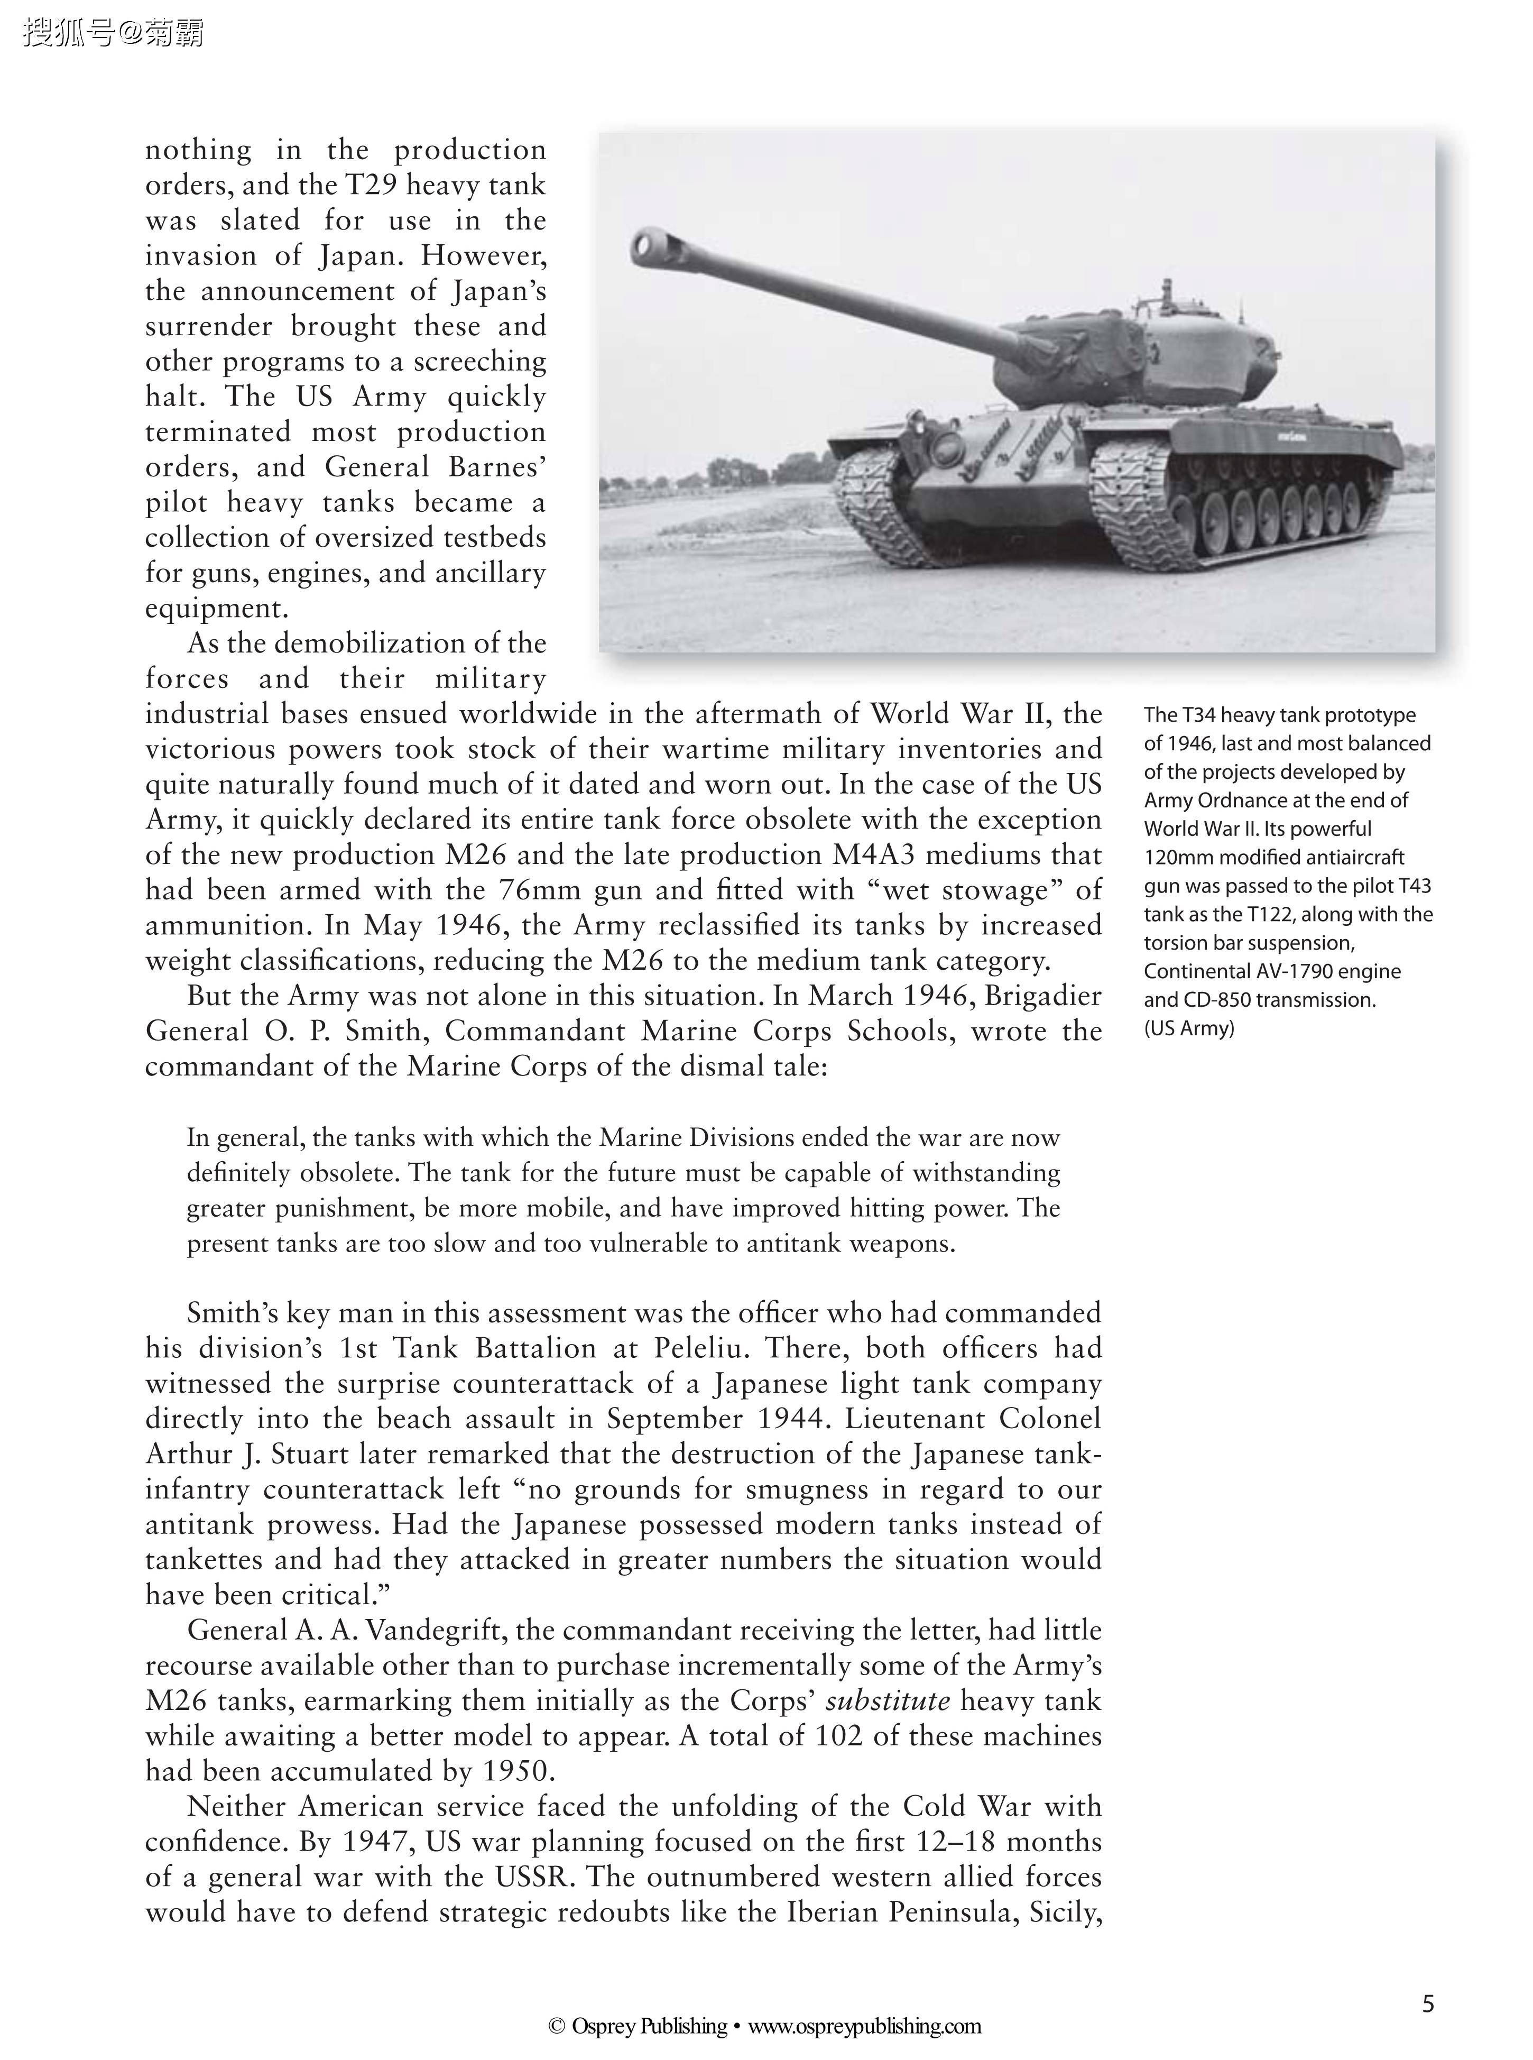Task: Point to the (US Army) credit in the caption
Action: click(x=1189, y=1028)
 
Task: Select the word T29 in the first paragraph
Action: click(x=370, y=186)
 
